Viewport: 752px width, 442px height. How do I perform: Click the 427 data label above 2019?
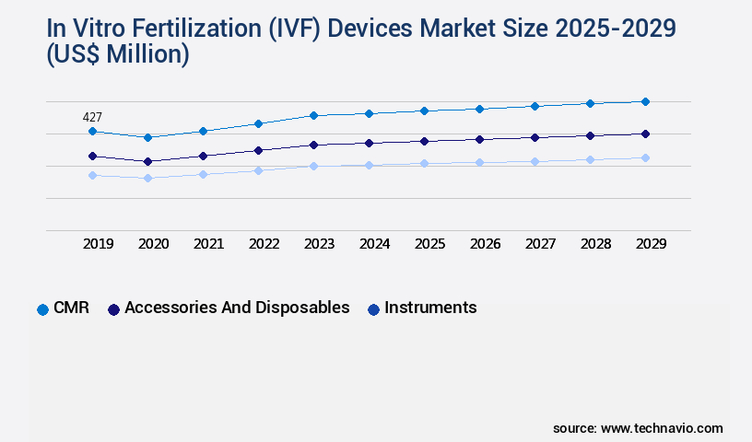92,117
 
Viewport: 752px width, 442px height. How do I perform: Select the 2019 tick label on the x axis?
99,244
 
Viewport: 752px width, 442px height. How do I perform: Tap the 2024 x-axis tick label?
374,244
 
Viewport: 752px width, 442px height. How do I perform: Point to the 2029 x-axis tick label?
651,244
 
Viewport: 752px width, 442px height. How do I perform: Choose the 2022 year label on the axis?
264,244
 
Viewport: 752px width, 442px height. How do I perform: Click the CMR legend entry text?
71,308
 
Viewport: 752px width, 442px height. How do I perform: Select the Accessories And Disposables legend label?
237,308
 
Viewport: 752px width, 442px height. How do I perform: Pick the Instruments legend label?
430,308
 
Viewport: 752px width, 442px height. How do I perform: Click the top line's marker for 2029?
645,101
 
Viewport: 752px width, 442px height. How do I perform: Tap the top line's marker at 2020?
147,137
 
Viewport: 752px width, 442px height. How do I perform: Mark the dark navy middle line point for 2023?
313,145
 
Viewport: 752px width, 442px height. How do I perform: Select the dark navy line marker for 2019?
92,156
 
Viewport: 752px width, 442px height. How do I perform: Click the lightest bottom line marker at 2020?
147,178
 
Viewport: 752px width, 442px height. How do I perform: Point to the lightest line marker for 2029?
645,157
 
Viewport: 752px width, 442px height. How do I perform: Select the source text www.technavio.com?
662,428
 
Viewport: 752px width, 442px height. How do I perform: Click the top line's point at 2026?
479,109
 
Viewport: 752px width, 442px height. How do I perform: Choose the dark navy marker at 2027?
535,137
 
